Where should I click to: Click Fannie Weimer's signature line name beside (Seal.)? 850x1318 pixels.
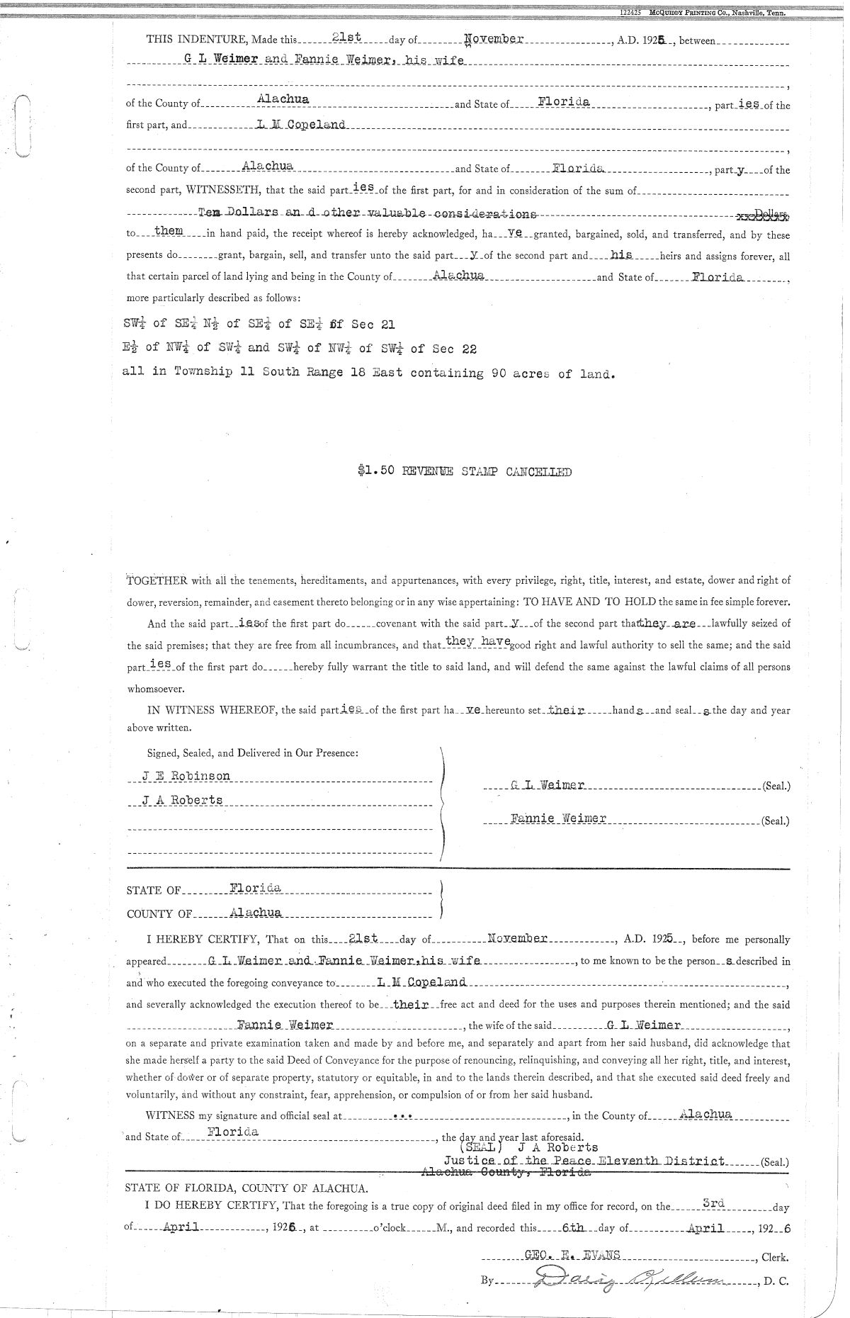tap(558, 818)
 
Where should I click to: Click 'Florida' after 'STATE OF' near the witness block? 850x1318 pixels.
tap(255, 888)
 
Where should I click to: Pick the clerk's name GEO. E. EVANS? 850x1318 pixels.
tap(572, 1255)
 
